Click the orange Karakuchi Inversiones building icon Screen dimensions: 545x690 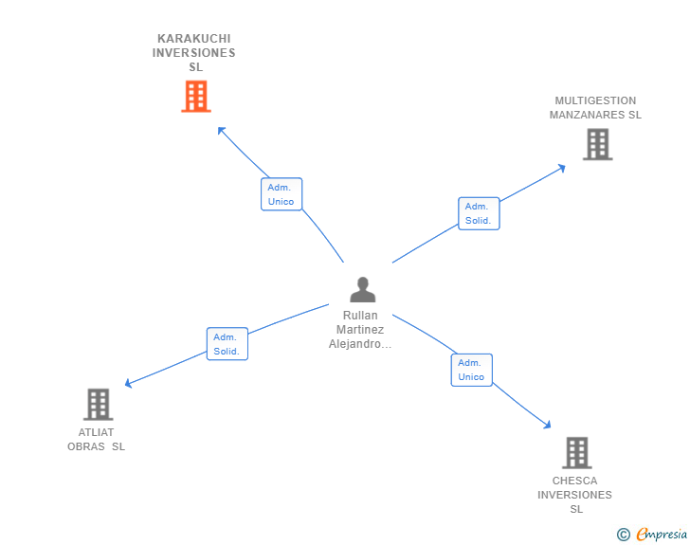pyautogui.click(x=195, y=97)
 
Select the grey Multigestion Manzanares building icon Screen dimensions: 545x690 pyautogui.click(x=597, y=144)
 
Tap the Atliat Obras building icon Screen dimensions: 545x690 pyautogui.click(x=98, y=405)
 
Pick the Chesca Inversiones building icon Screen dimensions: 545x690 pyautogui.click(x=576, y=453)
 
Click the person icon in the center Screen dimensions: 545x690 pyautogui.click(x=362, y=289)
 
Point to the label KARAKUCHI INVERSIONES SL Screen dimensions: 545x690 pyautogui.click(x=194, y=53)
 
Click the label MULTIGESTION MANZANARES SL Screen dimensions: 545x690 pyautogui.click(x=595, y=108)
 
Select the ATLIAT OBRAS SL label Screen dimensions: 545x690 pyautogui.click(x=96, y=440)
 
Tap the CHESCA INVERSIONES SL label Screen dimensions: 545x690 pyautogui.click(x=575, y=495)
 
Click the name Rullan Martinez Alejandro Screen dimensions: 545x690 pyautogui.click(x=360, y=330)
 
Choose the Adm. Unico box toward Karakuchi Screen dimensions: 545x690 pyautogui.click(x=281, y=194)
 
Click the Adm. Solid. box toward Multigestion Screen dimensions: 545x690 pyautogui.click(x=479, y=213)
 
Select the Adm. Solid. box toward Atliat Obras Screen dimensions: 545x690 pyautogui.click(x=227, y=344)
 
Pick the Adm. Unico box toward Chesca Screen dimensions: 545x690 pyautogui.click(x=471, y=370)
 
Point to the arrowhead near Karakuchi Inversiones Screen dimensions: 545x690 pyautogui.click(x=221, y=130)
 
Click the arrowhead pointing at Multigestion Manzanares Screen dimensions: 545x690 pyautogui.click(x=562, y=168)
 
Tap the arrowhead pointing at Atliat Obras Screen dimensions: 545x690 pyautogui.click(x=129, y=384)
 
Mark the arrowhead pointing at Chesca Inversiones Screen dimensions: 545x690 pyautogui.click(x=547, y=426)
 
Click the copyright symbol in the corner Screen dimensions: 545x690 pyautogui.click(x=623, y=535)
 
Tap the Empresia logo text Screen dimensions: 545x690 pyautogui.click(x=662, y=534)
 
